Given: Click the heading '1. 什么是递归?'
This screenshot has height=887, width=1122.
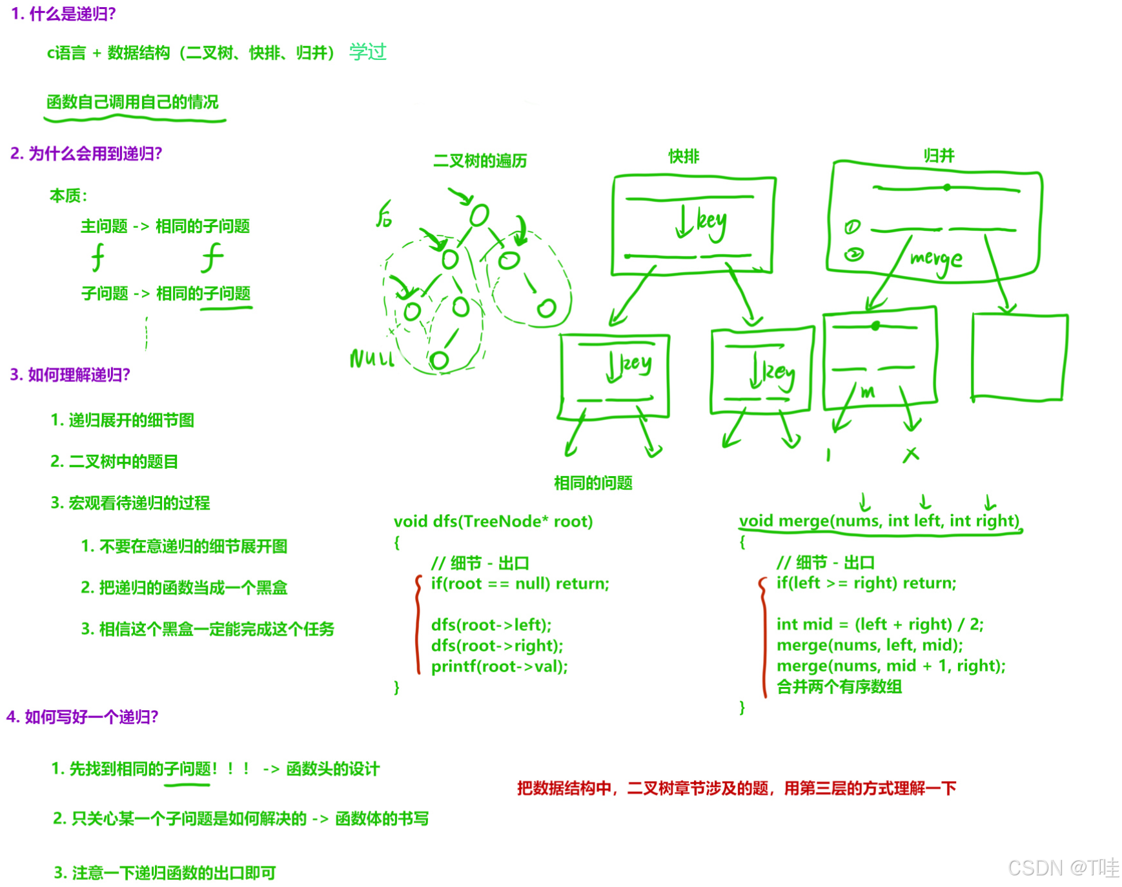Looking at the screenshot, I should click(x=63, y=14).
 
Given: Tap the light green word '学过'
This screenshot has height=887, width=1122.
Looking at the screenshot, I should click(x=367, y=52).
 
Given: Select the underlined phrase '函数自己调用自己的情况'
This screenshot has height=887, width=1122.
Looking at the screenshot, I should click(x=132, y=102).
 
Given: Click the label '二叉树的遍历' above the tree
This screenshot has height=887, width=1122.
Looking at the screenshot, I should click(x=480, y=161).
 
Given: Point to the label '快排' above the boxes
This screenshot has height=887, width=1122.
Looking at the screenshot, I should click(x=684, y=156).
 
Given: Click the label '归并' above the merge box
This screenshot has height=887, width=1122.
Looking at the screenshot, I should click(x=939, y=155).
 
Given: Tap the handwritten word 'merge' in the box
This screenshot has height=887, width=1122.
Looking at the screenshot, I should click(x=936, y=260).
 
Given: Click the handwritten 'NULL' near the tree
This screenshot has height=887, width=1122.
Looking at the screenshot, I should click(x=372, y=359).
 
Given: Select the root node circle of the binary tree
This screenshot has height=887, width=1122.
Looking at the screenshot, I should click(x=479, y=215).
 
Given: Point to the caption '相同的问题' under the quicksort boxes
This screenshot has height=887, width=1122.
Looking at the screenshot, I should click(x=593, y=483).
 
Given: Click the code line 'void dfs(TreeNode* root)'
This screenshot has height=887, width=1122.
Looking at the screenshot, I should click(x=493, y=521).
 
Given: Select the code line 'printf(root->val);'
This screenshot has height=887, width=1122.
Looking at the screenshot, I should click(x=499, y=666).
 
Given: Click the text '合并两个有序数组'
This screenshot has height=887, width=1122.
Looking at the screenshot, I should click(x=839, y=686).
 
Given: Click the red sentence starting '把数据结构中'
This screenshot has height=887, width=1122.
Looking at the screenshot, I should click(x=736, y=788).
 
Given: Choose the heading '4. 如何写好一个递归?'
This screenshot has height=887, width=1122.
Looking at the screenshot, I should click(x=82, y=717).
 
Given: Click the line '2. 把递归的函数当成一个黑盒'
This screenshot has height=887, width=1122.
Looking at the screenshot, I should click(x=184, y=588).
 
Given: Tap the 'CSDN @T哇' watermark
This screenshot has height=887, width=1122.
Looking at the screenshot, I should click(x=1063, y=868).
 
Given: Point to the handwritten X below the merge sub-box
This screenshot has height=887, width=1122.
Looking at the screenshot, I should click(x=911, y=455).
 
